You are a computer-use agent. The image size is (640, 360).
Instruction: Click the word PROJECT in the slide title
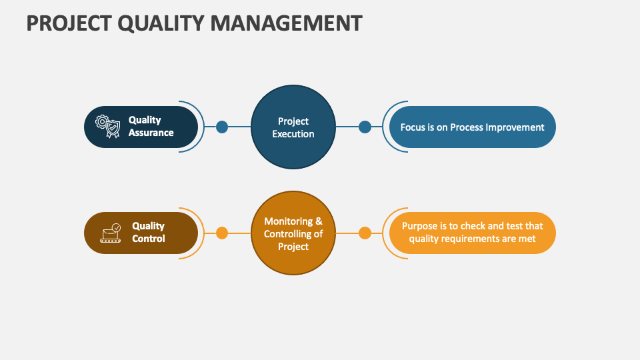click(x=64, y=23)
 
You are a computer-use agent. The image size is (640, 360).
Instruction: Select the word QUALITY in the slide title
click(x=158, y=23)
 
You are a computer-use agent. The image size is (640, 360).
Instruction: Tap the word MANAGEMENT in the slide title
click(x=287, y=23)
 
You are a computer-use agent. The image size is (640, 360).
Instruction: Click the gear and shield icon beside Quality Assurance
click(x=109, y=127)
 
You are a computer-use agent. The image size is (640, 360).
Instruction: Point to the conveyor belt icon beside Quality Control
click(x=111, y=233)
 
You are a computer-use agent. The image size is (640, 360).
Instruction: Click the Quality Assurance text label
click(x=151, y=127)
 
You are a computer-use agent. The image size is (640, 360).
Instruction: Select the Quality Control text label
click(x=148, y=233)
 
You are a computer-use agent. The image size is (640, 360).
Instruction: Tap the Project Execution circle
click(x=293, y=127)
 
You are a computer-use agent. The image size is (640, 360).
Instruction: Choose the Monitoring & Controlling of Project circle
click(x=293, y=233)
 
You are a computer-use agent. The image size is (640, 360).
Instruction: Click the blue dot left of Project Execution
click(x=222, y=127)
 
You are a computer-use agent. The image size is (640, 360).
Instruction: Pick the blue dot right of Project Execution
click(x=365, y=127)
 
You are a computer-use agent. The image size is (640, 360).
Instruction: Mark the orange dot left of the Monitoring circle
click(x=222, y=233)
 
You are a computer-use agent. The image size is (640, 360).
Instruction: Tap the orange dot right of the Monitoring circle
click(x=365, y=233)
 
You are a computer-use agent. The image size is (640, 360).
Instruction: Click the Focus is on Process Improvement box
click(x=472, y=127)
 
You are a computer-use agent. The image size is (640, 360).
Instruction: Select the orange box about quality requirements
click(x=472, y=233)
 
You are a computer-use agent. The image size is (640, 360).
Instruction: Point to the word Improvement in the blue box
click(x=515, y=127)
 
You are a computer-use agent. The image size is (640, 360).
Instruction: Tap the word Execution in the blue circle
click(x=293, y=134)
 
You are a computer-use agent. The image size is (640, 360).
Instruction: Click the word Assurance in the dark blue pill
click(x=151, y=133)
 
